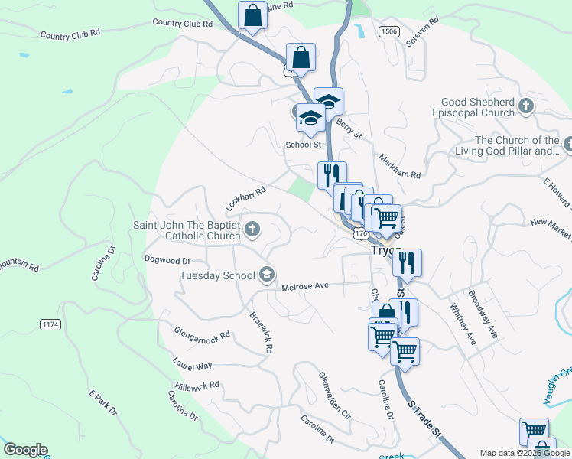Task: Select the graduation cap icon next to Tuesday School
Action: click(x=266, y=275)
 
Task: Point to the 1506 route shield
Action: click(x=388, y=31)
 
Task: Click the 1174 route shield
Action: click(x=50, y=325)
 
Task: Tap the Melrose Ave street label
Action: click(x=304, y=285)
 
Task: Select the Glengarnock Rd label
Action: click(x=202, y=335)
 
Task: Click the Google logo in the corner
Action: click(x=25, y=450)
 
